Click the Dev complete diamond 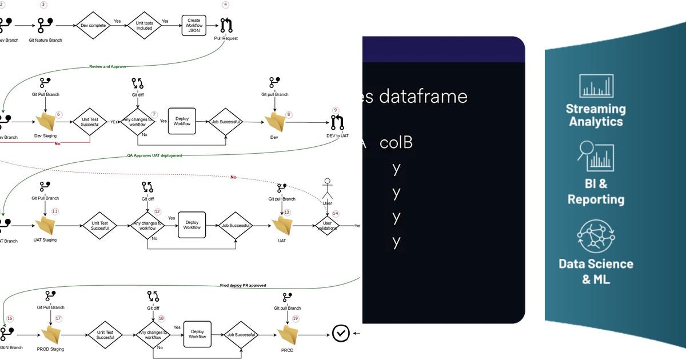pyautogui.click(x=93, y=25)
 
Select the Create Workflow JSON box pyautogui.click(x=194, y=25)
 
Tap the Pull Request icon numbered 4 pyautogui.click(x=226, y=25)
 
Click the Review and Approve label pyautogui.click(x=108, y=66)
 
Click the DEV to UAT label pyautogui.click(x=337, y=136)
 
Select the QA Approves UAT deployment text pyautogui.click(x=154, y=155)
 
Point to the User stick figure pyautogui.click(x=328, y=190)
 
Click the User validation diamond pyautogui.click(x=328, y=226)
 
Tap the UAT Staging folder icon pyautogui.click(x=45, y=225)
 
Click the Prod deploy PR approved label pyautogui.click(x=243, y=285)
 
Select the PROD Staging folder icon pyautogui.click(x=51, y=334)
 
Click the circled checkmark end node pyautogui.click(x=341, y=333)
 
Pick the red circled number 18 pyautogui.click(x=161, y=318)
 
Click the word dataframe pyautogui.click(x=422, y=96)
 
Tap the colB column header pyautogui.click(x=396, y=142)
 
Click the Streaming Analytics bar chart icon pyautogui.click(x=596, y=86)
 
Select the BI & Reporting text pyautogui.click(x=596, y=191)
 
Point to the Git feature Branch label pyautogui.click(x=45, y=40)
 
